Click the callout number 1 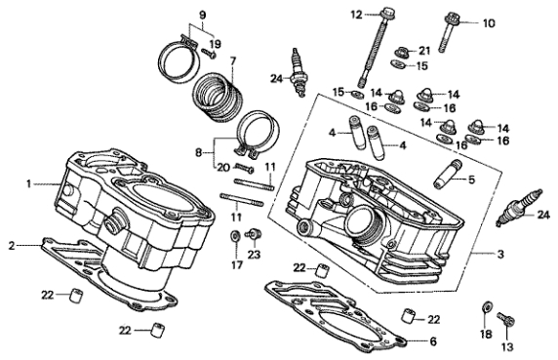pos(29,184)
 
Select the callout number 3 pos(500,254)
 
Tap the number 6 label pos(433,341)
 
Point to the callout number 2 pos(12,246)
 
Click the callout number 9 pos(202,16)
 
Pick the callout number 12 pos(356,15)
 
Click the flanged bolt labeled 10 pos(450,33)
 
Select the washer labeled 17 pos(235,236)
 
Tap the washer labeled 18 pos(487,306)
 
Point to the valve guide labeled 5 pos(448,175)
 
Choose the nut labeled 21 pos(404,52)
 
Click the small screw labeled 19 pos(209,54)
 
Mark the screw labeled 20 pos(244,168)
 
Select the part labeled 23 pos(254,234)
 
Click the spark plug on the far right pos(519,208)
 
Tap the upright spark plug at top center pos(298,72)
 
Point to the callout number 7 pos(233,60)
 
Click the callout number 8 pos(199,153)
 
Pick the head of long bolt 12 pos(386,15)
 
